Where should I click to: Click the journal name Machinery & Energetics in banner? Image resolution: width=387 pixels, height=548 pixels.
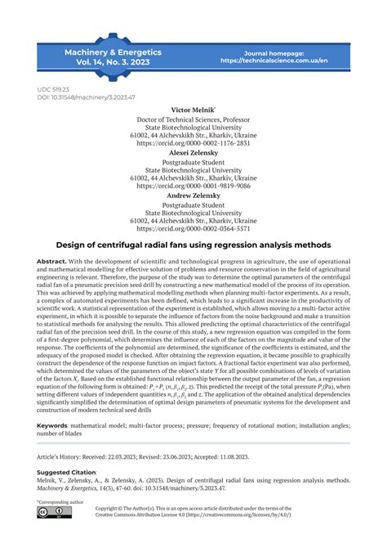tap(113, 52)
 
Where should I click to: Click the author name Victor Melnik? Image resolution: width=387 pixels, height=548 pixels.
tap(193, 109)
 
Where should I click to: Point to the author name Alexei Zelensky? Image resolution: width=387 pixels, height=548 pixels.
tap(193, 152)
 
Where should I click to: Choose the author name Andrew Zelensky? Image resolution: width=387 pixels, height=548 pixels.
tap(193, 195)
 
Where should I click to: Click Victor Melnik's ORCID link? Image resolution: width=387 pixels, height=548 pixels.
tap(193, 142)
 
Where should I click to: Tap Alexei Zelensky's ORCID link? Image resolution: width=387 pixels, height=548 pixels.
tap(193, 186)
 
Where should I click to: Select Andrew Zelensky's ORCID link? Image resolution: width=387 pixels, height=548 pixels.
tap(193, 229)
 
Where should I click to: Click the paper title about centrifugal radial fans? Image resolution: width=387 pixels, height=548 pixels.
tap(193, 245)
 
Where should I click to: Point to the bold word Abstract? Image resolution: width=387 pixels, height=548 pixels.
tap(52, 261)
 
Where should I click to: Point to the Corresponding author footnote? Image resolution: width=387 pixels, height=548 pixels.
tap(61, 501)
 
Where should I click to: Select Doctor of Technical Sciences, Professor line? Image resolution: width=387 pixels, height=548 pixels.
tap(193, 119)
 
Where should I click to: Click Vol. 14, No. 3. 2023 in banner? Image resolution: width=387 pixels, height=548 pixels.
tap(113, 62)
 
